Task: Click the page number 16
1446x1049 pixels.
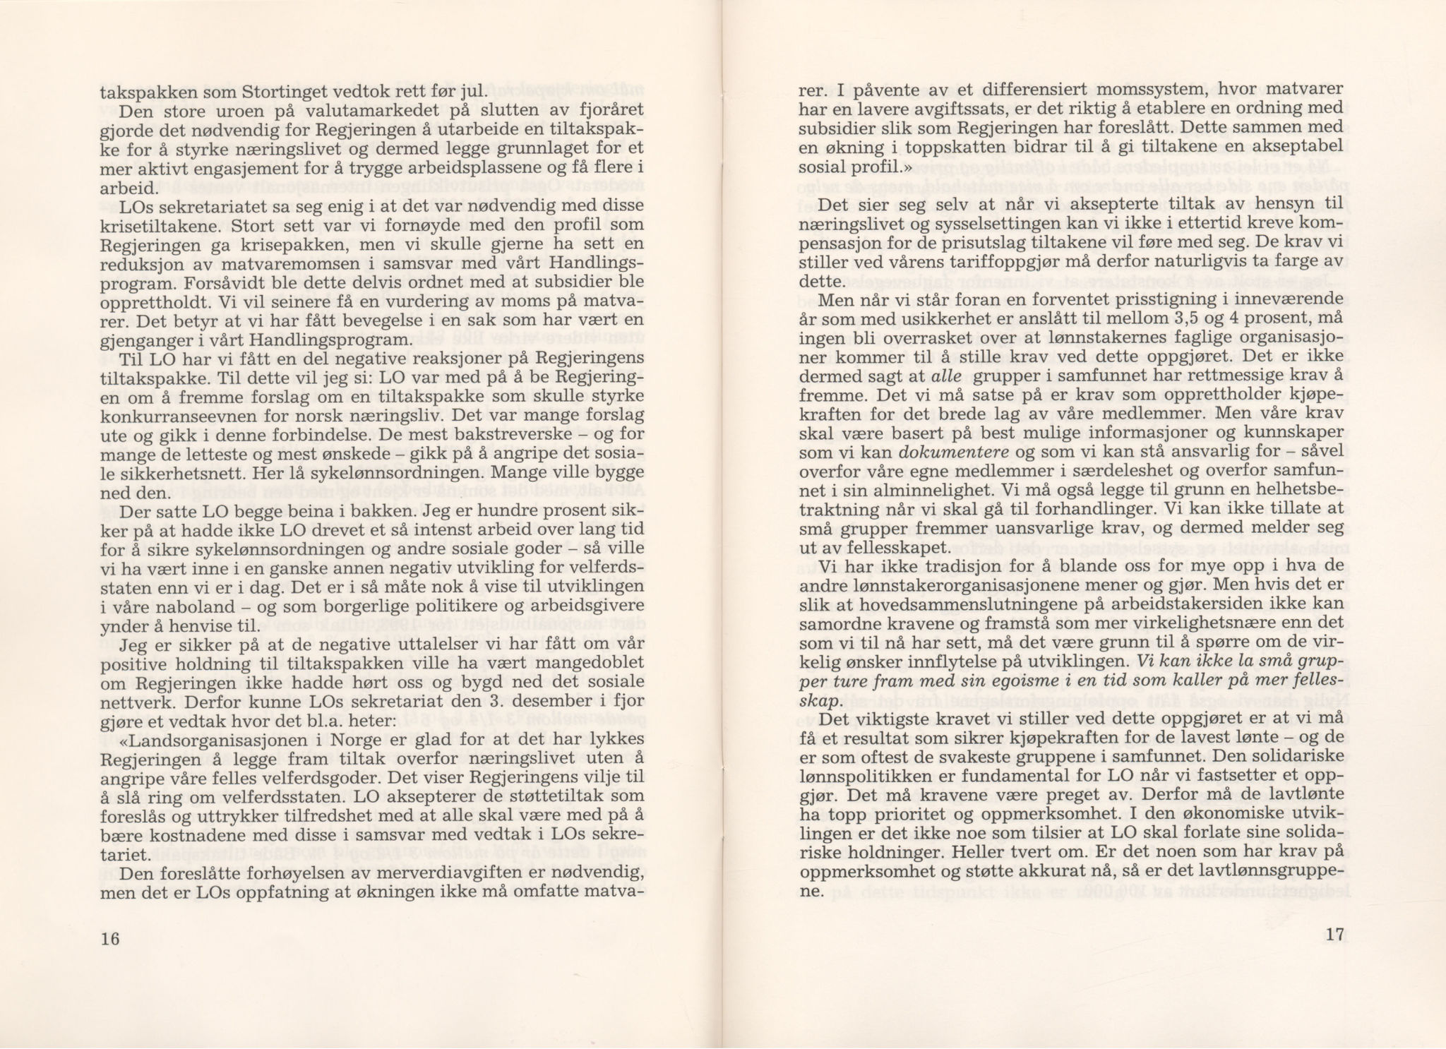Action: [x=110, y=938]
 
